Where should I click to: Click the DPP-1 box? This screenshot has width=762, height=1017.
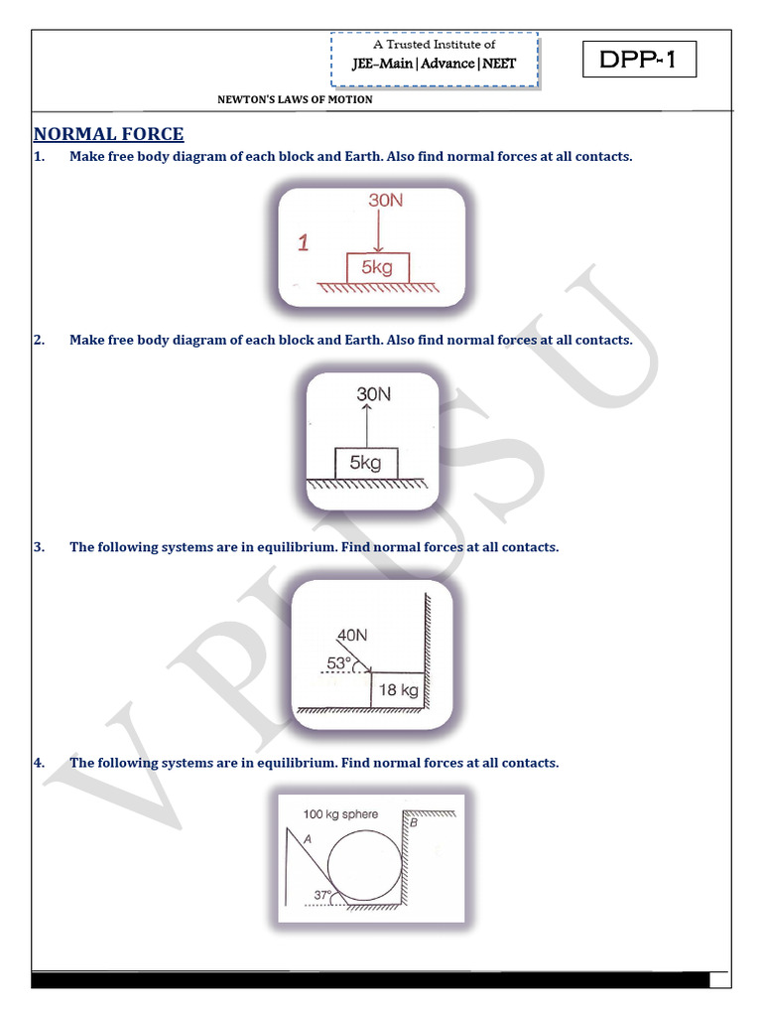click(x=638, y=61)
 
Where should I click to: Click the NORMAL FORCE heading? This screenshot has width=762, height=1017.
click(x=108, y=135)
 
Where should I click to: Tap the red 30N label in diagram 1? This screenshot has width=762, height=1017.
click(x=386, y=200)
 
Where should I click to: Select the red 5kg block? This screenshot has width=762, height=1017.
click(x=376, y=267)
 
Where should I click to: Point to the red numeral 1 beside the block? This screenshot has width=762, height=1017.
click(x=304, y=242)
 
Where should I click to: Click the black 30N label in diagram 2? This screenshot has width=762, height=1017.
click(x=373, y=393)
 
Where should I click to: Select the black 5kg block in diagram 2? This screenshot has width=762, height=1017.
click(x=366, y=463)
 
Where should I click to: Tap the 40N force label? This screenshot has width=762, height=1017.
click(x=352, y=634)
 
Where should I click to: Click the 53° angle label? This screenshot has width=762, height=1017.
click(x=338, y=662)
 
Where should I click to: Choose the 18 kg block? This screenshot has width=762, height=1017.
click(x=399, y=690)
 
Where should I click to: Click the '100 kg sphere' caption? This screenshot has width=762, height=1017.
click(x=340, y=814)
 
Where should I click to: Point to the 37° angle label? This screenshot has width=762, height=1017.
click(x=323, y=895)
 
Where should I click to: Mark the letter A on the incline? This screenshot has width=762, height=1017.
click(x=309, y=838)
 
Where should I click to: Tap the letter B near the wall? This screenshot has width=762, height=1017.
click(x=413, y=823)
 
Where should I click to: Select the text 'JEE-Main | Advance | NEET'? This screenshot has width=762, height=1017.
click(x=434, y=65)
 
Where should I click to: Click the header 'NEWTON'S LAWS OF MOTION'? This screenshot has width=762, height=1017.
click(x=296, y=99)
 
